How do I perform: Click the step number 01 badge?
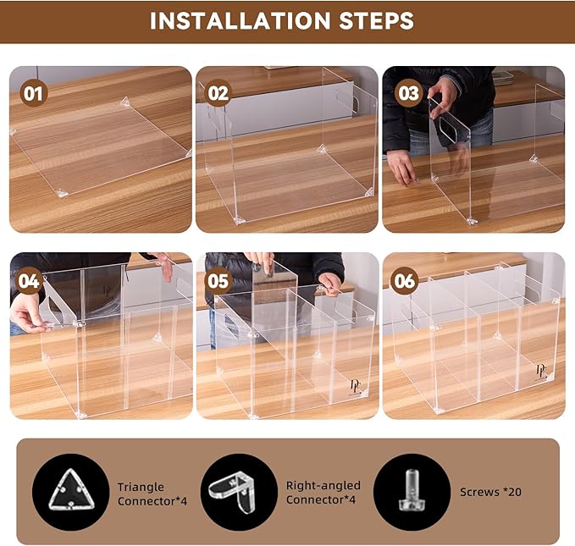click(x=33, y=93)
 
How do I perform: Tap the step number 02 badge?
click(x=218, y=93)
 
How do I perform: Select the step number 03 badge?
click(x=408, y=93)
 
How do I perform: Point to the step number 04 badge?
click(x=29, y=281)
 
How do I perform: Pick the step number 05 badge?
click(x=218, y=281)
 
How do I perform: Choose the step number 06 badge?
click(x=404, y=281)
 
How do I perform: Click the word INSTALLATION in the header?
click(x=241, y=21)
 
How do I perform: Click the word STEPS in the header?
click(x=377, y=21)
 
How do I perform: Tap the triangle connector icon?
click(x=71, y=490)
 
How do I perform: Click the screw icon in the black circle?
click(x=412, y=490)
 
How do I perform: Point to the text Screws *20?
click(x=490, y=492)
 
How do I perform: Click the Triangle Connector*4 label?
click(x=152, y=494)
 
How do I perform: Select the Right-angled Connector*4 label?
click(x=323, y=493)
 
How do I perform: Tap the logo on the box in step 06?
click(x=541, y=371)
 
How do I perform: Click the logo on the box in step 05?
click(x=355, y=387)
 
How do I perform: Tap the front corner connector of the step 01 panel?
click(x=62, y=193)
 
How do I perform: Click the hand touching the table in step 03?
click(x=402, y=168)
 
